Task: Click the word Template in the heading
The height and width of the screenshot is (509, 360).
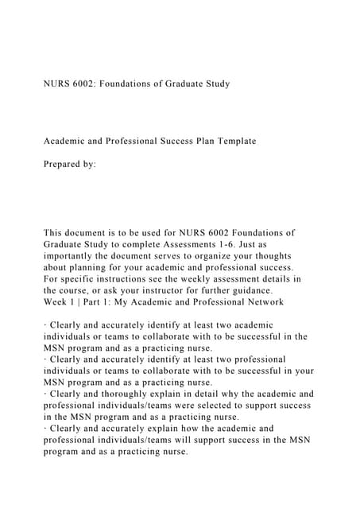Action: coord(234,141)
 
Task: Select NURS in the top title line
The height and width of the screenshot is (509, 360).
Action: coord(57,84)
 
